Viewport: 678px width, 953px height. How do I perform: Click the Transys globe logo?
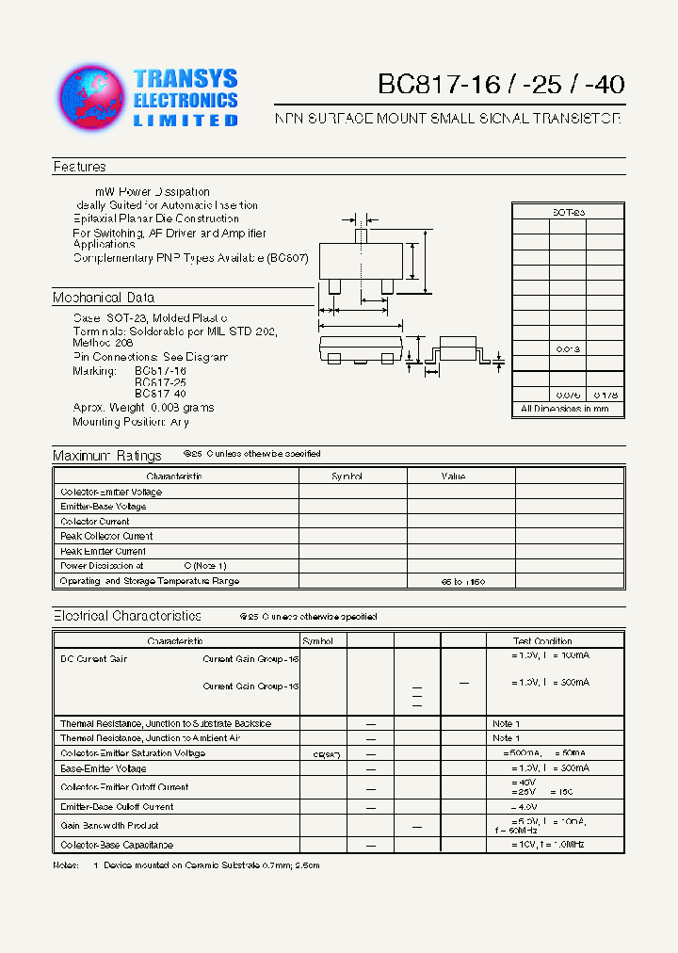(92, 97)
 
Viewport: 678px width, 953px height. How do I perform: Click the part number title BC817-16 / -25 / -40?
(501, 84)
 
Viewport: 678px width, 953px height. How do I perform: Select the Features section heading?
(80, 167)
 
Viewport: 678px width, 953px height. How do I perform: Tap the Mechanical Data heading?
(104, 298)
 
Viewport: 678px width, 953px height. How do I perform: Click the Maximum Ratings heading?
(107, 456)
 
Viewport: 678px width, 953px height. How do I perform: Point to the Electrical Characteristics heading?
(127, 616)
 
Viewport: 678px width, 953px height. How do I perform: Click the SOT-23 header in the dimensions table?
(568, 213)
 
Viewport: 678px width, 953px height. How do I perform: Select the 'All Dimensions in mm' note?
(565, 409)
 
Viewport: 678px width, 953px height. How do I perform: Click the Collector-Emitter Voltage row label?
(111, 492)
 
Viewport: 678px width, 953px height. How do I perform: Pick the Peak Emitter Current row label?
(103, 551)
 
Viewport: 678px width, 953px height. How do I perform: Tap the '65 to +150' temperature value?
(462, 582)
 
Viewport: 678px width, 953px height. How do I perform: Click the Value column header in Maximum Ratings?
(453, 476)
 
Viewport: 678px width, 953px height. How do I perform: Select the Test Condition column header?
(542, 641)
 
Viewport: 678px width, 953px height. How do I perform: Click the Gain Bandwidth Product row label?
(108, 825)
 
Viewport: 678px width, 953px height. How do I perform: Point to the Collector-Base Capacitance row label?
(117, 845)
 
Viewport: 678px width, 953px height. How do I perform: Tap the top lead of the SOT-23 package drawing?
(360, 234)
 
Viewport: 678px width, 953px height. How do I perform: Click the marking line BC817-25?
(160, 382)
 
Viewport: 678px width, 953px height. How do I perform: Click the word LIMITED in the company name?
(186, 121)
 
